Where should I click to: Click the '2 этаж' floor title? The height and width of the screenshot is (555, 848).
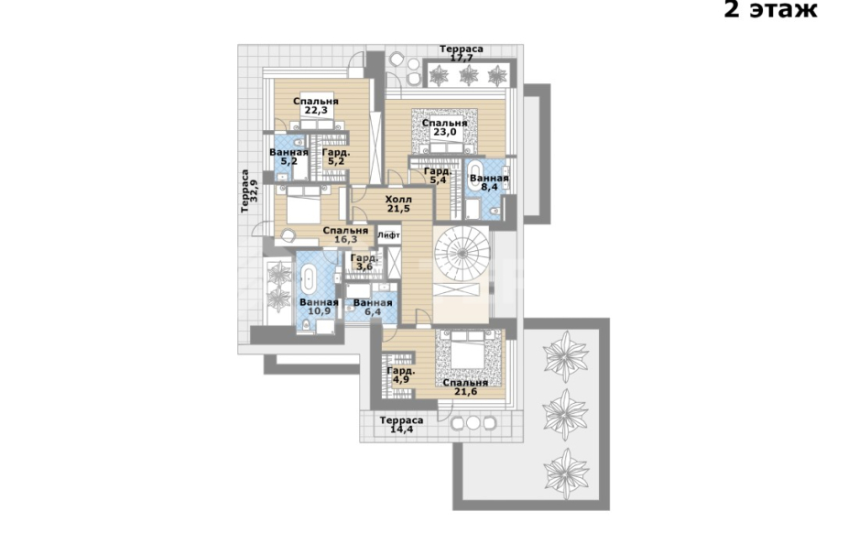click(x=771, y=9)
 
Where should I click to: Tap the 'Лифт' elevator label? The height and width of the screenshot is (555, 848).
click(x=389, y=235)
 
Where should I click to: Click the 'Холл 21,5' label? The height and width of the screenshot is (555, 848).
click(x=398, y=204)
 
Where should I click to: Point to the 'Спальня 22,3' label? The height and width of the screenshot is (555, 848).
click(x=316, y=105)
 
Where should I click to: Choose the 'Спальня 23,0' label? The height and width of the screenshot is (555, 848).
click(x=444, y=127)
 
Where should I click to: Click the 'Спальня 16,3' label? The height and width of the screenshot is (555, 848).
click(x=345, y=235)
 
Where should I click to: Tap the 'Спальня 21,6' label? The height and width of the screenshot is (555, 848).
click(x=465, y=387)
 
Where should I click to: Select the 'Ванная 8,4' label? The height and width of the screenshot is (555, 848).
click(x=489, y=183)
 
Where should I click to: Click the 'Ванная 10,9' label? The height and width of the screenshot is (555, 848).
click(x=319, y=307)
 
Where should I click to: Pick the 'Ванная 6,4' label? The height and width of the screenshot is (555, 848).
click(x=373, y=307)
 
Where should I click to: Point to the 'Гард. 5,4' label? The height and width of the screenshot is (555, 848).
click(x=438, y=176)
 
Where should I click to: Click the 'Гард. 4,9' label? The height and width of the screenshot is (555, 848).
click(x=401, y=375)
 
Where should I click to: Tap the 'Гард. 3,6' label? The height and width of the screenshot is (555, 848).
click(x=364, y=262)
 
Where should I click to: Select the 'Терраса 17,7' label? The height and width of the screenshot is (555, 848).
click(x=462, y=53)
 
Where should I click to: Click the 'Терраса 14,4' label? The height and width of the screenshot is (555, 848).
click(x=401, y=425)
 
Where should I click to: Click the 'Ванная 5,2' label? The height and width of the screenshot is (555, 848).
click(x=288, y=157)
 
